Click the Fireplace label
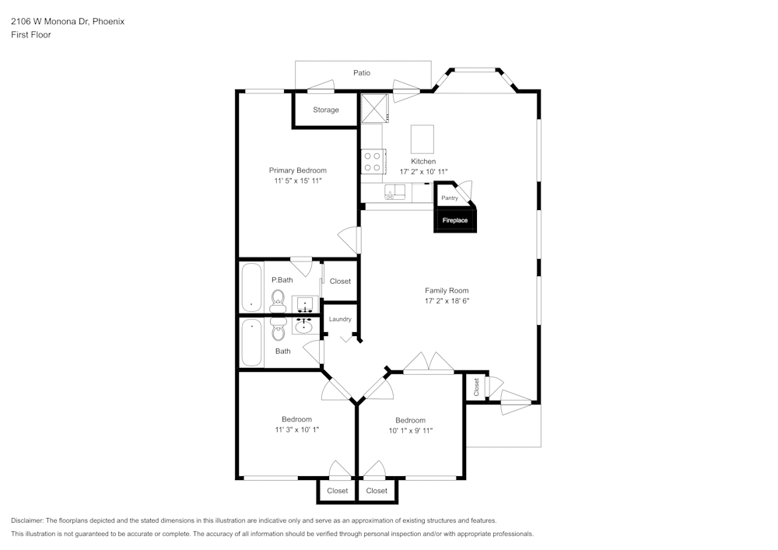[455, 220]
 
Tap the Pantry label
[450, 198]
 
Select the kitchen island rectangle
[422, 139]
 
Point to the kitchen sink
[394, 192]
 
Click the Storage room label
[326, 110]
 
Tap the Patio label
[362, 73]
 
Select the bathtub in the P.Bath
[251, 286]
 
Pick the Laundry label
[340, 319]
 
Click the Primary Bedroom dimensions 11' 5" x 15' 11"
[298, 180]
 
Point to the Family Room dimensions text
[447, 300]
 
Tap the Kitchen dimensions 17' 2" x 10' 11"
[423, 171]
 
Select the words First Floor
[31, 35]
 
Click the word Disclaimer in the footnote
[27, 520]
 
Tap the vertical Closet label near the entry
[476, 387]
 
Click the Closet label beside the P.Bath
[340, 281]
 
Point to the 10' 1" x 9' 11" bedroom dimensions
[410, 430]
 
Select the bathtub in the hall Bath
[251, 342]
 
